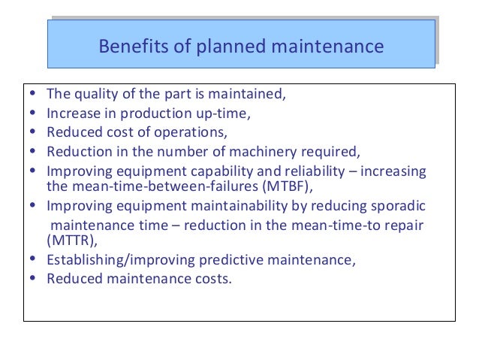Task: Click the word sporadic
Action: [396, 206]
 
